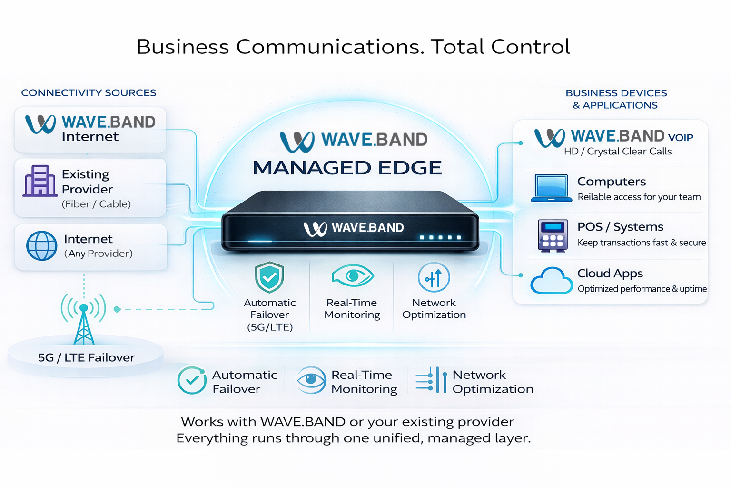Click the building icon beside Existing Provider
pos(40,181)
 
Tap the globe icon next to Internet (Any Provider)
pos(41,246)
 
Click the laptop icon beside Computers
pos(551,188)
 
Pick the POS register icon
pos(553,235)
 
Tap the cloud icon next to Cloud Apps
pos(551,281)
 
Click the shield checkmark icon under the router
pos(269,277)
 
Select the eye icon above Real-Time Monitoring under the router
pos(353,275)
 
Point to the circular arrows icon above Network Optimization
pos(434,277)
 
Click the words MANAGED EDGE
pos(347,168)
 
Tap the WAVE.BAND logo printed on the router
pos(354,228)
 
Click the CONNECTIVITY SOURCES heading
pos(89,93)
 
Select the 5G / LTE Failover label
pos(86,357)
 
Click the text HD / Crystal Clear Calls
pos(617,152)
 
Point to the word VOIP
pos(681,138)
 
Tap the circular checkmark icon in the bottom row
pos(192,380)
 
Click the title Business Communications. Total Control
pos(353,47)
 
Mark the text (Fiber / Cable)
pos(96,204)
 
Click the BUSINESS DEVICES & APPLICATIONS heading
pos(616,99)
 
